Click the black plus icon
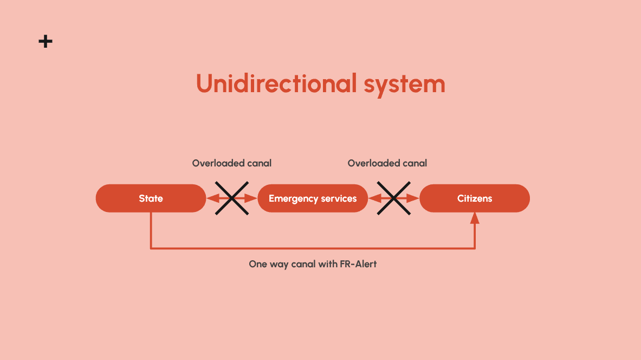(x=46, y=41)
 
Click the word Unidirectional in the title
(x=276, y=84)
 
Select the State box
(x=151, y=198)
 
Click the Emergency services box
(x=313, y=198)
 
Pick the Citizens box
(x=475, y=198)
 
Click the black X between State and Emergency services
(x=232, y=198)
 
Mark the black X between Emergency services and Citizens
(x=394, y=198)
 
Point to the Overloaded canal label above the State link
(x=232, y=163)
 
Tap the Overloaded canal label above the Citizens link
(x=387, y=163)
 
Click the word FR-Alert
(x=357, y=265)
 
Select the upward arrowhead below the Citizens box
(x=475, y=217)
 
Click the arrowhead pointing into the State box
(x=212, y=198)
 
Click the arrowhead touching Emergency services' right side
(x=373, y=198)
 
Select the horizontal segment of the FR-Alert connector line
(x=313, y=249)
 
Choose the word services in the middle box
(x=339, y=198)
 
